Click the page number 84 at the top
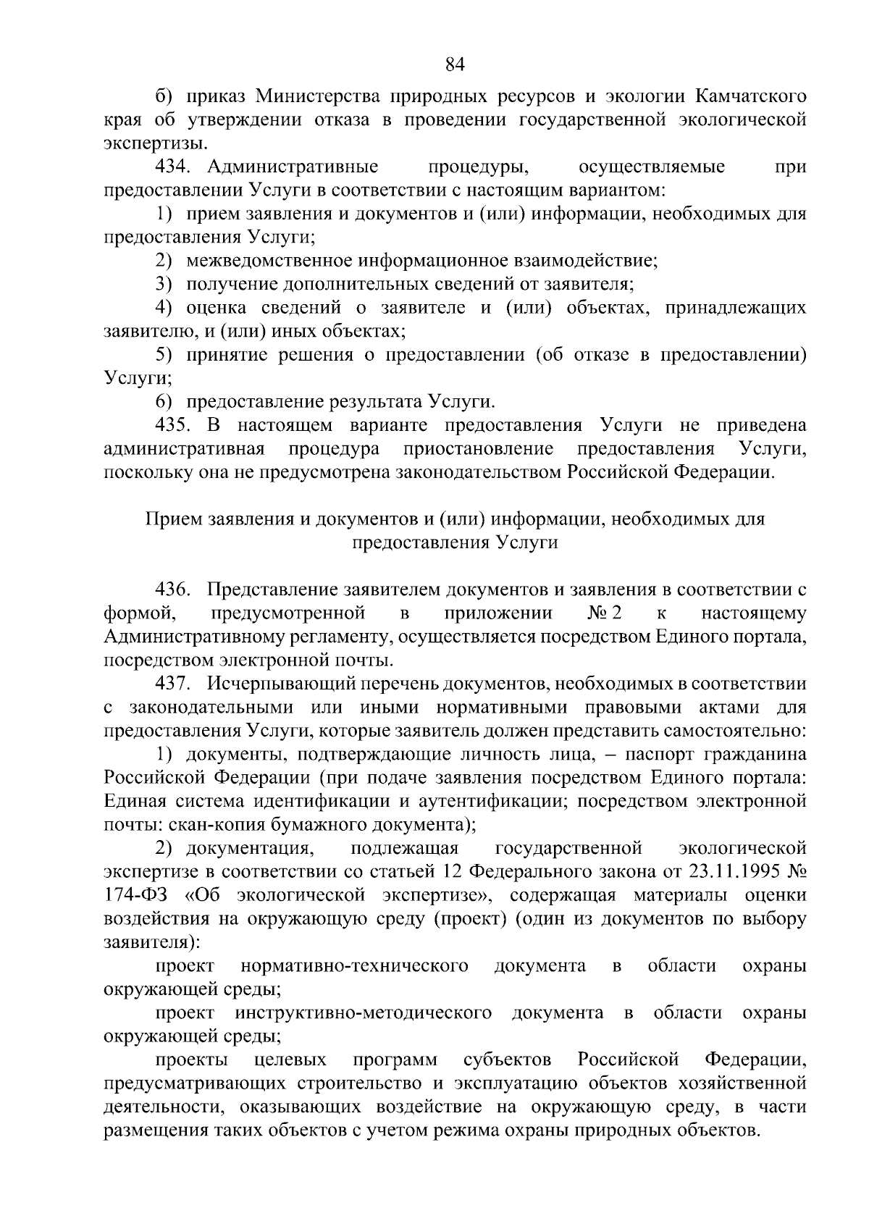pyautogui.click(x=454, y=66)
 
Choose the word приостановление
pyautogui.click(x=479, y=449)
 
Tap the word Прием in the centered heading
pyautogui.click(x=174, y=519)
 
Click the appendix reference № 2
pyautogui.click(x=605, y=614)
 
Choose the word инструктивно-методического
pyautogui.click(x=363, y=1012)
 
